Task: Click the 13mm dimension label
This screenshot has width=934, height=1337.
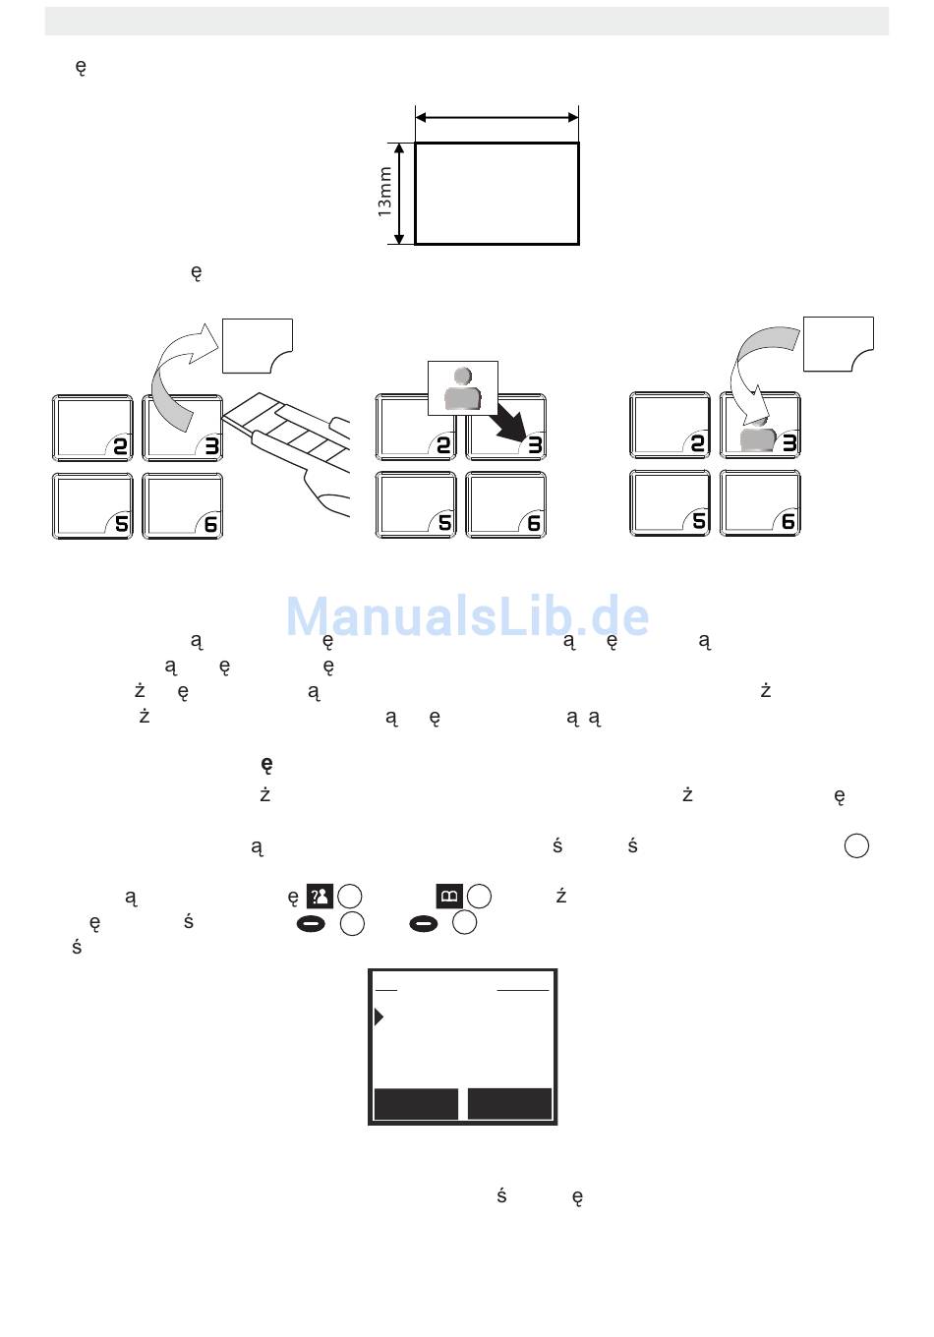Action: point(385,192)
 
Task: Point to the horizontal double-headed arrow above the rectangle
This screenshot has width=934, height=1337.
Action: point(496,117)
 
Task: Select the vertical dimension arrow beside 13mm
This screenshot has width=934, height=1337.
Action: point(399,193)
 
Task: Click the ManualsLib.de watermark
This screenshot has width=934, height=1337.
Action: point(467,617)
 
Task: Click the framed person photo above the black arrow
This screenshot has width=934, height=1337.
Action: point(463,387)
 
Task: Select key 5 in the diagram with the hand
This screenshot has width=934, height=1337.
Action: point(92,505)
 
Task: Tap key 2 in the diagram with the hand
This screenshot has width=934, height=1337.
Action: point(92,428)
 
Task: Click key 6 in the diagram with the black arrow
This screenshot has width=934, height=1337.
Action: point(505,505)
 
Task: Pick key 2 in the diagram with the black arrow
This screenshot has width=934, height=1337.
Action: point(416,428)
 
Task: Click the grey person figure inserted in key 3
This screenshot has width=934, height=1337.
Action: point(759,438)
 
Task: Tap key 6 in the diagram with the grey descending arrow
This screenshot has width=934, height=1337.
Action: point(760,503)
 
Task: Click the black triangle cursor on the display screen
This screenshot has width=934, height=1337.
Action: point(379,1017)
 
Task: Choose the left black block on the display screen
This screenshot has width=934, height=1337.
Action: point(416,1103)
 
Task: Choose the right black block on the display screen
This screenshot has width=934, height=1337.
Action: point(509,1103)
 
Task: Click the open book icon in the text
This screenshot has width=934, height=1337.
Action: point(449,897)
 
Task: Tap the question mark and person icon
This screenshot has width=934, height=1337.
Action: point(321,897)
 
